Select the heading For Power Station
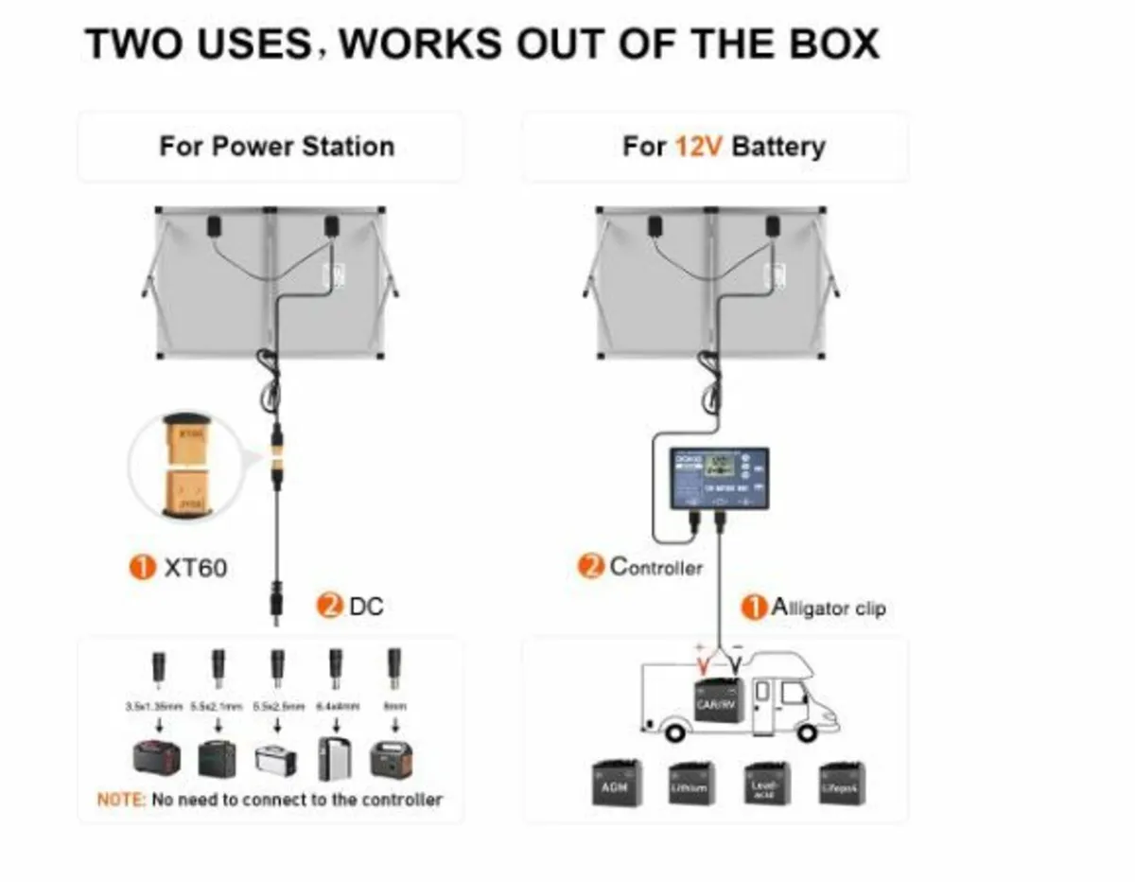click(x=276, y=147)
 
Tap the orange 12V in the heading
click(x=699, y=147)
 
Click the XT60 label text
click(x=195, y=568)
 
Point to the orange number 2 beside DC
click(x=330, y=606)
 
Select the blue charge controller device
click(x=719, y=478)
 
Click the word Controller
click(x=655, y=567)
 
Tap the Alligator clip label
click(x=829, y=608)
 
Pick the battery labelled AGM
click(x=617, y=783)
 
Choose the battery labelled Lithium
click(x=690, y=783)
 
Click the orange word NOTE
click(x=121, y=800)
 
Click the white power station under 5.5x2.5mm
click(x=276, y=759)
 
